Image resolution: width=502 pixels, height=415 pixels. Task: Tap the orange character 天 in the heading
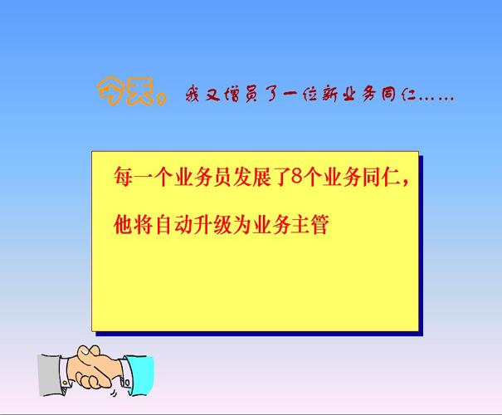tap(140, 91)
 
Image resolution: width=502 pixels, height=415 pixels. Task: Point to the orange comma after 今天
tap(162, 98)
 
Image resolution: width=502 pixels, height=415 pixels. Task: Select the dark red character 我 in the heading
tap(193, 94)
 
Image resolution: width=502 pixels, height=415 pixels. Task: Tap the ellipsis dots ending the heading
tap(436, 99)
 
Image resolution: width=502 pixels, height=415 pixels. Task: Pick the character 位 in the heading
tap(309, 94)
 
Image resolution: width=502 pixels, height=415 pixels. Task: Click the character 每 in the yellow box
tap(124, 177)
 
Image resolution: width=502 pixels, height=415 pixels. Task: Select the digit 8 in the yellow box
tap(297, 176)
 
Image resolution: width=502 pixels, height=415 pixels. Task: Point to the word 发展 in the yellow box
tap(252, 177)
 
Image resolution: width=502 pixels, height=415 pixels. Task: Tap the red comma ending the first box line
tap(406, 183)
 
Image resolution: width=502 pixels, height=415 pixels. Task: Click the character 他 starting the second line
tap(124, 224)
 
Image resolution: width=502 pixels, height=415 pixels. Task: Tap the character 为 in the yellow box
tap(242, 224)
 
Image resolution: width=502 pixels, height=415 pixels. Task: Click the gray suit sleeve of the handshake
tap(51, 375)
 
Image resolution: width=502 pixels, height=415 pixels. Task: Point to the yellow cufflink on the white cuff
tap(65, 383)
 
